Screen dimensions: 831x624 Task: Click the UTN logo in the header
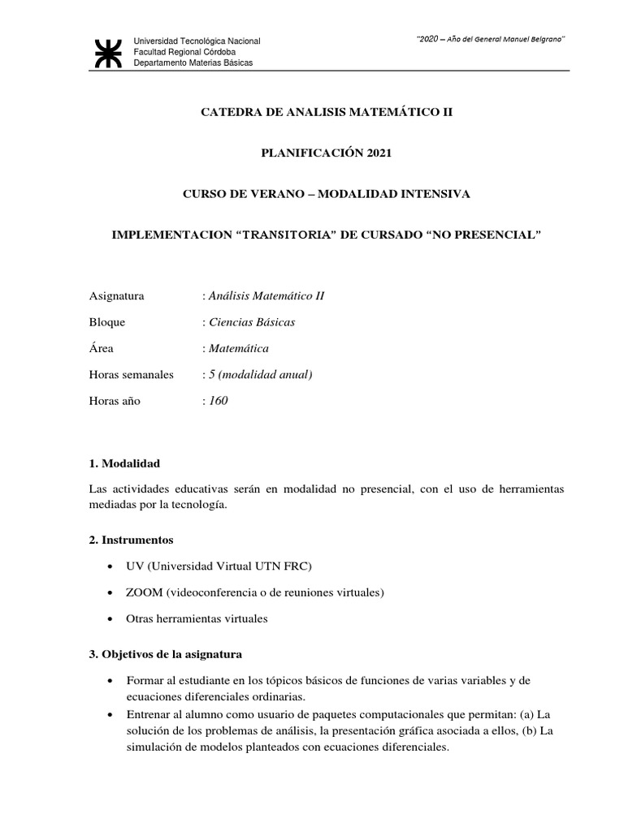coord(107,52)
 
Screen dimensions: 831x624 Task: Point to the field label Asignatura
coord(116,295)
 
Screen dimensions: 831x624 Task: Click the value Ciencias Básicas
coord(252,322)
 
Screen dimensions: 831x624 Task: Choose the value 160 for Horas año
coord(219,401)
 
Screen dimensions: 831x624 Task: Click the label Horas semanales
coord(132,375)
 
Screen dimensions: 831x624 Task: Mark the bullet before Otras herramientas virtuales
coord(110,619)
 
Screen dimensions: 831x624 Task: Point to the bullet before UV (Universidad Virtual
coord(110,566)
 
